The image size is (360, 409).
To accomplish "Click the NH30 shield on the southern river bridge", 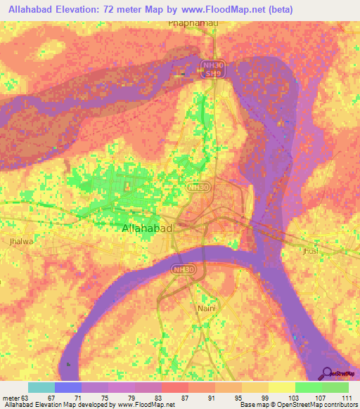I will [182, 268].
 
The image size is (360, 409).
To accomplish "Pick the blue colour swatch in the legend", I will [67, 387].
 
